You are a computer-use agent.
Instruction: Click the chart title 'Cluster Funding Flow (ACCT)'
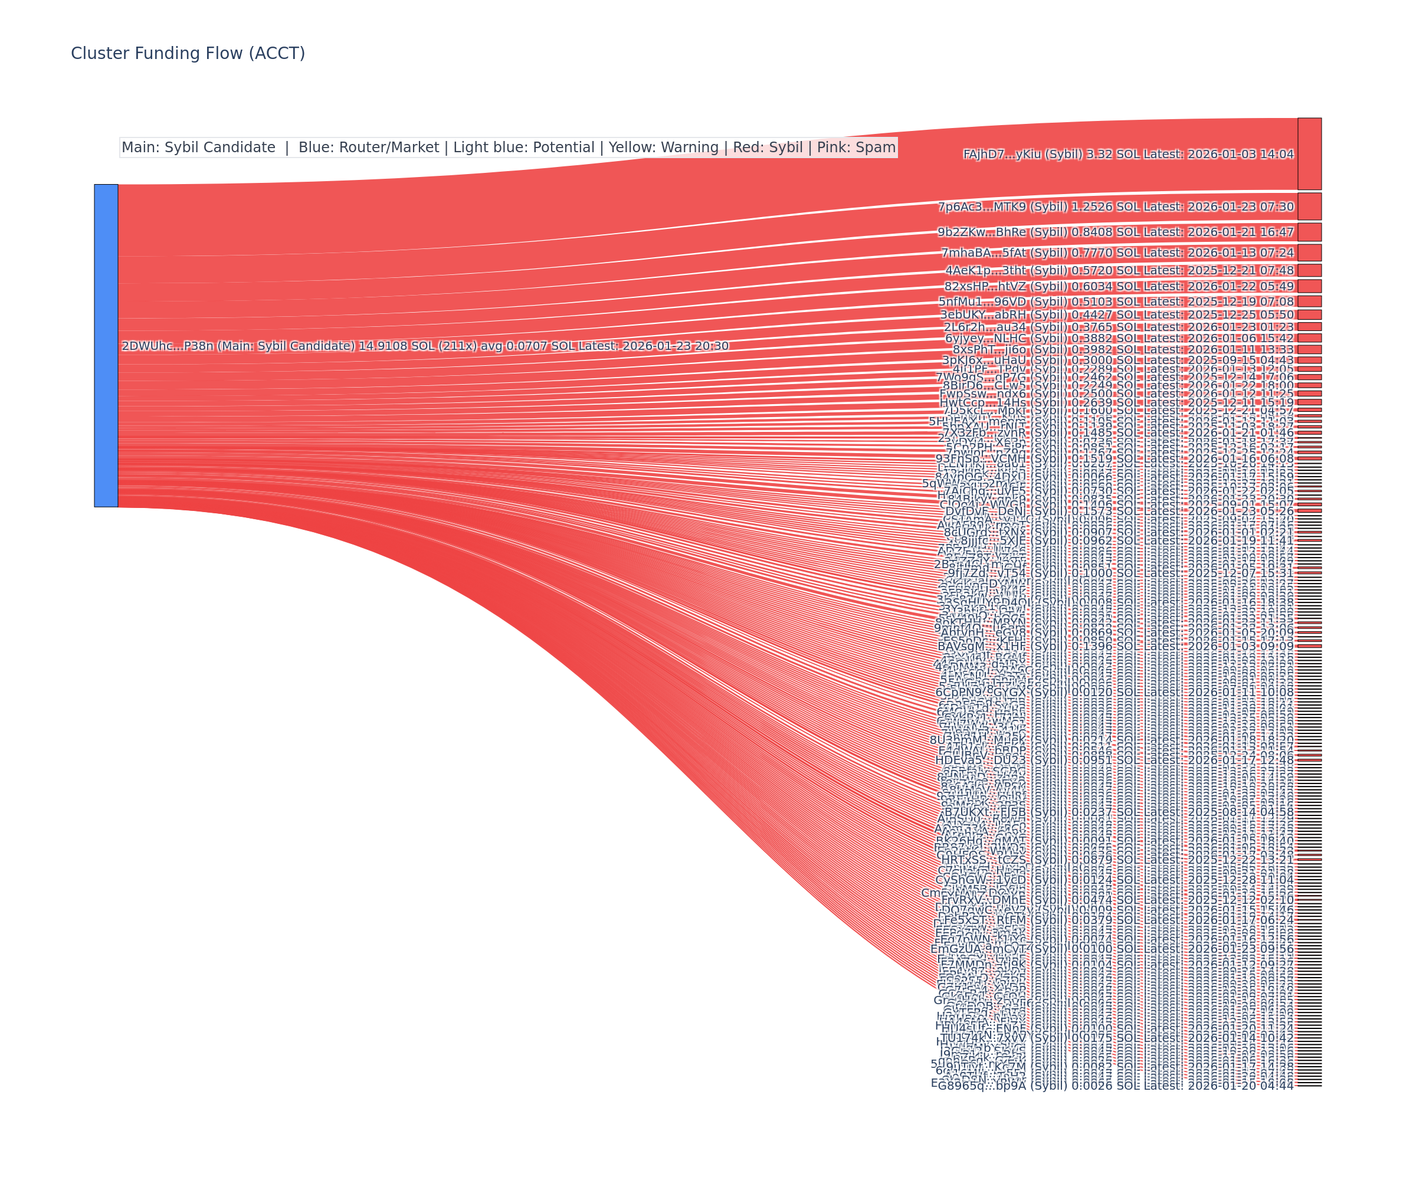coord(188,53)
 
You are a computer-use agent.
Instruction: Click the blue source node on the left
coord(106,345)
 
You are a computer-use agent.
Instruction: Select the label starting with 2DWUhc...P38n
coord(425,346)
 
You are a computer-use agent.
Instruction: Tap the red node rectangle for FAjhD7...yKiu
coord(1309,154)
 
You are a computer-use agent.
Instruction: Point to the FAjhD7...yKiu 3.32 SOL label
coord(1128,155)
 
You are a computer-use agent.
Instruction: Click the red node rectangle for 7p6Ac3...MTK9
coord(1309,206)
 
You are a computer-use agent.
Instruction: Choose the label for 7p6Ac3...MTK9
coord(1116,207)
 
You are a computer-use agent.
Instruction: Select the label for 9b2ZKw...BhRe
coord(1116,232)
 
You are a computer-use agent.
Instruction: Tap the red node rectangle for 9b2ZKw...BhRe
coord(1309,232)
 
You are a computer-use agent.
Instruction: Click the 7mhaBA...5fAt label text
coord(1117,253)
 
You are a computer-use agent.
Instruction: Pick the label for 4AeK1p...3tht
coord(1119,270)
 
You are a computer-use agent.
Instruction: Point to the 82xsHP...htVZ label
coord(1119,287)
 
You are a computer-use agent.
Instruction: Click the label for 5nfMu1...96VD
coord(1116,301)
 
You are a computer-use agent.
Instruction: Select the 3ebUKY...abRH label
coord(1117,315)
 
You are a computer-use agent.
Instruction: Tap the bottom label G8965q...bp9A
coord(1116,1086)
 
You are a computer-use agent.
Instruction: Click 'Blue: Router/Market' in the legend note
coord(368,147)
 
